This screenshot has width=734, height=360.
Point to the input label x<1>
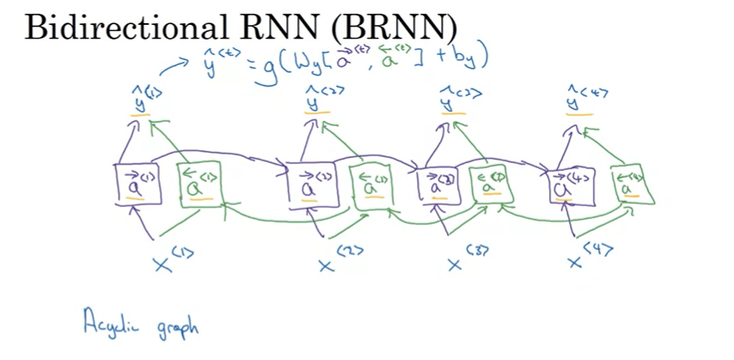pos(170,259)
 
